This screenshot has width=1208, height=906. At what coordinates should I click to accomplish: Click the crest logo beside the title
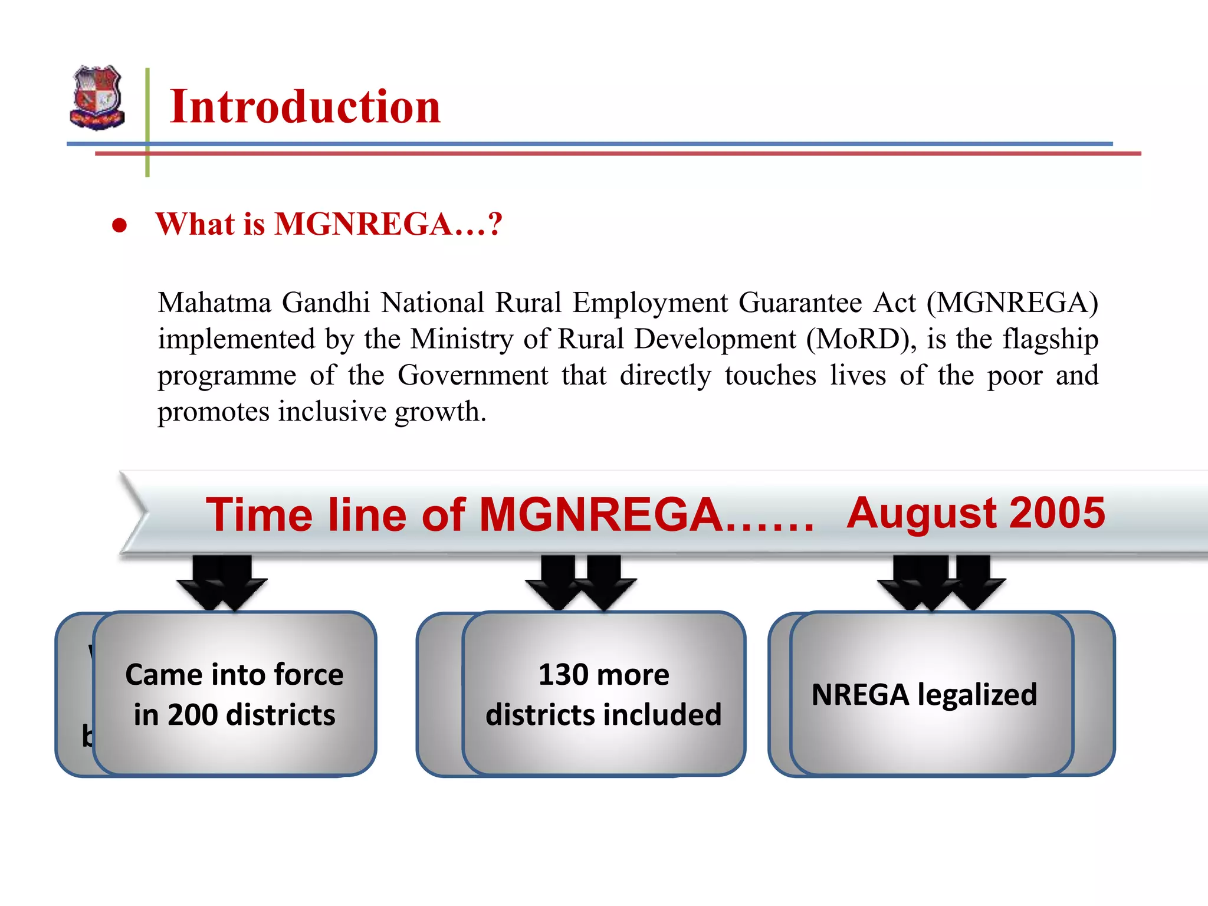(97, 97)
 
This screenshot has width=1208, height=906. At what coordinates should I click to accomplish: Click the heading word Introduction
(304, 107)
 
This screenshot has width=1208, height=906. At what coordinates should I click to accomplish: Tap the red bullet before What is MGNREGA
(120, 225)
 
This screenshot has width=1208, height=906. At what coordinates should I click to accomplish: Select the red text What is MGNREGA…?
(329, 224)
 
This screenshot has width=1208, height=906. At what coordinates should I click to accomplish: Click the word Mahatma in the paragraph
(214, 303)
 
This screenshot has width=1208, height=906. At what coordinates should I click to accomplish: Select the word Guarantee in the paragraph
(800, 303)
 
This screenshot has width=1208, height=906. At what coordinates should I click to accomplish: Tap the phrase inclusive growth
(381, 412)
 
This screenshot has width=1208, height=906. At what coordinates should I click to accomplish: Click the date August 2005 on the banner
(976, 513)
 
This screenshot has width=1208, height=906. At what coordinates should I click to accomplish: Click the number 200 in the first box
(192, 715)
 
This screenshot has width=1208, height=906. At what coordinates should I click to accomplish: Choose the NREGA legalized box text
(924, 694)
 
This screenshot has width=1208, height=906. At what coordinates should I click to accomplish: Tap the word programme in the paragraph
(226, 376)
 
